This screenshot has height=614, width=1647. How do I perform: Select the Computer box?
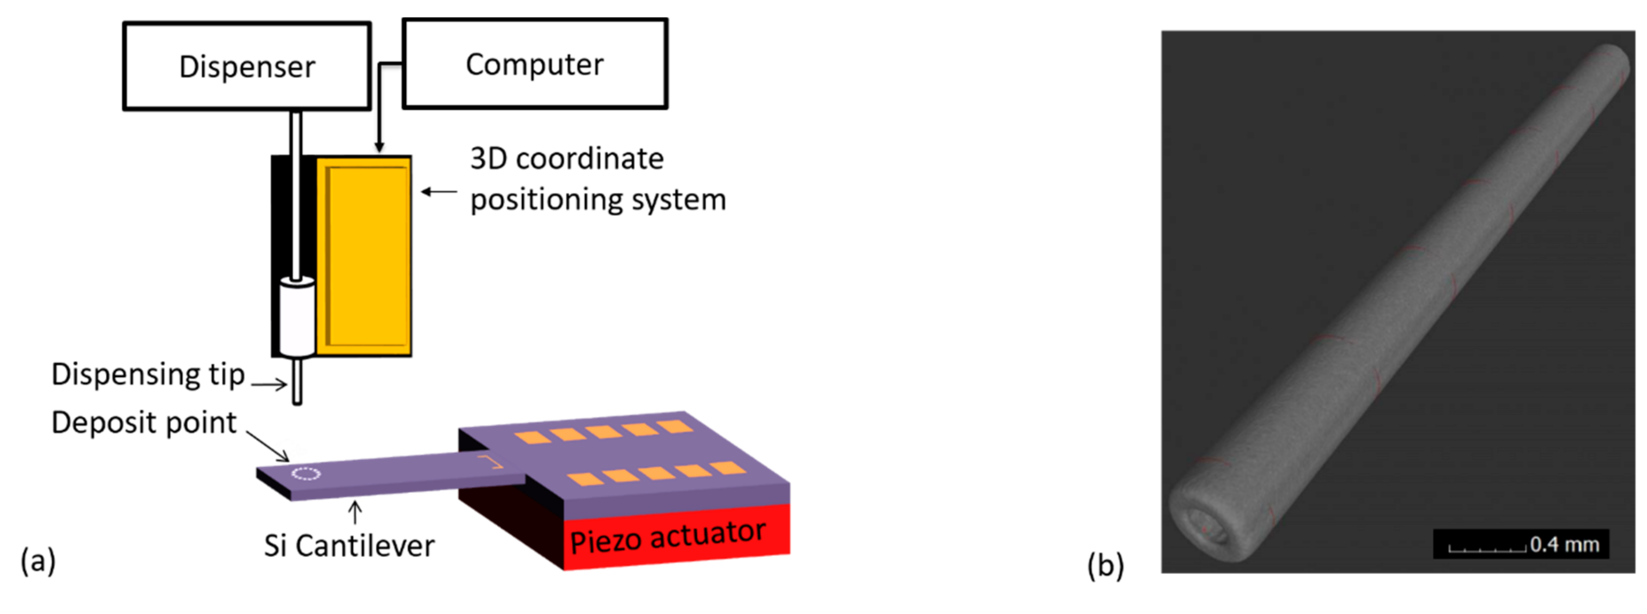tap(535, 64)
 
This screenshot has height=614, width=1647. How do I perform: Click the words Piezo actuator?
tap(668, 537)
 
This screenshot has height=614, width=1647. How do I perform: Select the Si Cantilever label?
tap(349, 546)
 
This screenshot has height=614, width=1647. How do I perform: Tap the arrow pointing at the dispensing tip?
tap(269, 384)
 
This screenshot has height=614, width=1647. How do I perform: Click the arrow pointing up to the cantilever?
tap(355, 512)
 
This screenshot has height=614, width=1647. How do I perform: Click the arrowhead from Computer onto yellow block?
tap(379, 147)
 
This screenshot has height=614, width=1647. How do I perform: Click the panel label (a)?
tap(38, 561)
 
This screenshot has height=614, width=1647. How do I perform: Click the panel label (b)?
tap(1105, 565)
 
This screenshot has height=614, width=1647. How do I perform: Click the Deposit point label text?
tap(144, 423)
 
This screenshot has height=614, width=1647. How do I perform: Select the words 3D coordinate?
tap(567, 159)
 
